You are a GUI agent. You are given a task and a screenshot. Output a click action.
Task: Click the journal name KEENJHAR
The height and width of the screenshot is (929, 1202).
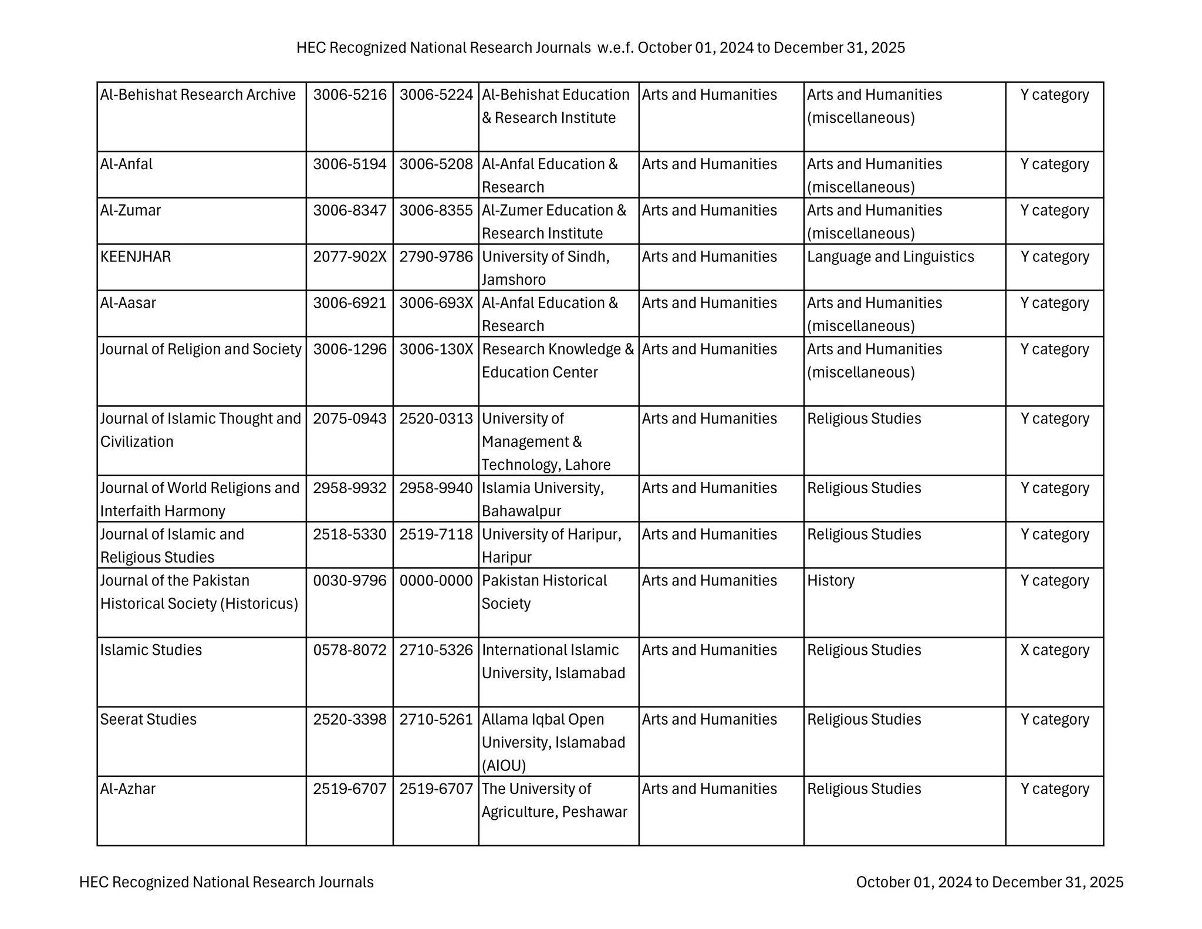pos(136,257)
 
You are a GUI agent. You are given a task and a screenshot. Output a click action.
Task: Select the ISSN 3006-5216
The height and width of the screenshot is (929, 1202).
pos(350,95)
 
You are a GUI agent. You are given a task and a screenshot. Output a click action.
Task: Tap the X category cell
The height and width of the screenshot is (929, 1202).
pos(1054,650)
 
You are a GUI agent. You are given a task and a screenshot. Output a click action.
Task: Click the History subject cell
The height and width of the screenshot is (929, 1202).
pos(830,581)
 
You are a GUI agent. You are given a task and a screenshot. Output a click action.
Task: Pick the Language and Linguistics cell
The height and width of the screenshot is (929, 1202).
pos(890,257)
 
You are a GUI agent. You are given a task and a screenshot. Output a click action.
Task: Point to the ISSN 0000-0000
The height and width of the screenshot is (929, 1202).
pos(435,581)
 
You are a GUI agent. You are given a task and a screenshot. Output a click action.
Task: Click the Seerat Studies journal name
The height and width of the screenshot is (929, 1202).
pos(148,719)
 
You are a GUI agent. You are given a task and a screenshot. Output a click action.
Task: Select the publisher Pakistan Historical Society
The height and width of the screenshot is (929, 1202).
pos(544,592)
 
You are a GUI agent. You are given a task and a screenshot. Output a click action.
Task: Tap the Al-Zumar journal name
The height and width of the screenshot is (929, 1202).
pos(130,210)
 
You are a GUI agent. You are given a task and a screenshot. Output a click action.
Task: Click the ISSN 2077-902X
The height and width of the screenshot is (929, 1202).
pos(350,257)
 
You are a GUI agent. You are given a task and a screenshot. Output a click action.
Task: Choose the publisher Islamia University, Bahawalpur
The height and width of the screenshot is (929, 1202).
pos(542,499)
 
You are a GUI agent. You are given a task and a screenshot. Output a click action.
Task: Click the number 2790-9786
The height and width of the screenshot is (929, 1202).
pos(435,257)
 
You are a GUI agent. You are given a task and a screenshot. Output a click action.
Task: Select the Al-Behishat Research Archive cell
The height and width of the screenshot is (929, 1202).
pos(198,95)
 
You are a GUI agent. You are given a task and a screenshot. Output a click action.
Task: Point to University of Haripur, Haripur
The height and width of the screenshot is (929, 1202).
pos(551,546)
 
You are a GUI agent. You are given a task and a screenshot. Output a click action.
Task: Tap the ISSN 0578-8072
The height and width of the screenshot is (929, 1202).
pos(350,650)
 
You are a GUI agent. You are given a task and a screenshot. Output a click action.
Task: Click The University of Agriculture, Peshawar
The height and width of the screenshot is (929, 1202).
pos(554,800)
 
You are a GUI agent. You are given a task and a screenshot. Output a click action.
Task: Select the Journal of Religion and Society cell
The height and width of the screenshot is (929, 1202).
pos(201,349)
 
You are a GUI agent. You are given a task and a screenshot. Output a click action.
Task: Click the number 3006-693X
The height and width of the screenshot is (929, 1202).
pos(435,303)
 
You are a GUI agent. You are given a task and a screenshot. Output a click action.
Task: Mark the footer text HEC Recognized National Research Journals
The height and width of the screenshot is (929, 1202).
pos(226,882)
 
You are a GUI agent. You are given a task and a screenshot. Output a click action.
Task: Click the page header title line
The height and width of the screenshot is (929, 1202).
pos(600,48)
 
